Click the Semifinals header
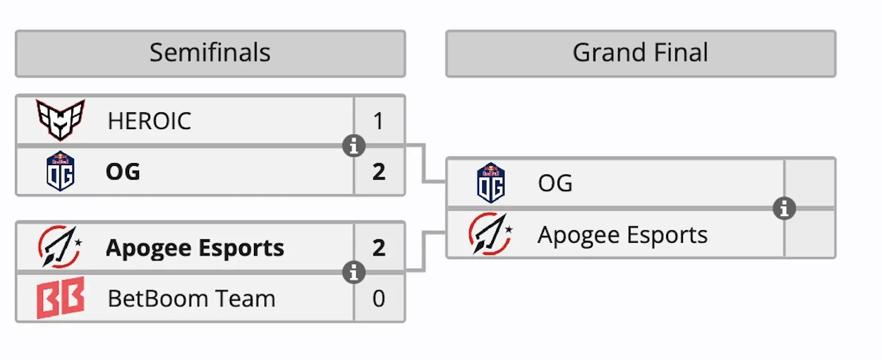coord(210,53)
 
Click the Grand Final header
coord(640,53)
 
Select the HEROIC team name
coord(149,121)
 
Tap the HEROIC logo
coord(61,120)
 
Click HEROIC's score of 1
coord(379,121)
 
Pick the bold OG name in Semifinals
coord(123,172)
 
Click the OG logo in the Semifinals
coord(61,172)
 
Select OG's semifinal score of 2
coord(379,172)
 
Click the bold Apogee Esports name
coord(195,248)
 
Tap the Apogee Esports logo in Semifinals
coord(60,247)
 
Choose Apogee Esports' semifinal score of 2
coord(379,248)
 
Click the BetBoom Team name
coord(191,299)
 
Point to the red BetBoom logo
coord(61,298)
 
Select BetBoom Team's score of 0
coord(379,299)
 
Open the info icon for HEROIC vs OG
coord(354,146)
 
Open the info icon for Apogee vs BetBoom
coord(354,272)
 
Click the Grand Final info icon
coord(784,208)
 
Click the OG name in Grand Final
coord(555,184)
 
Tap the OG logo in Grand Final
coord(490,183)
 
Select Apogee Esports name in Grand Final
coord(622,234)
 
